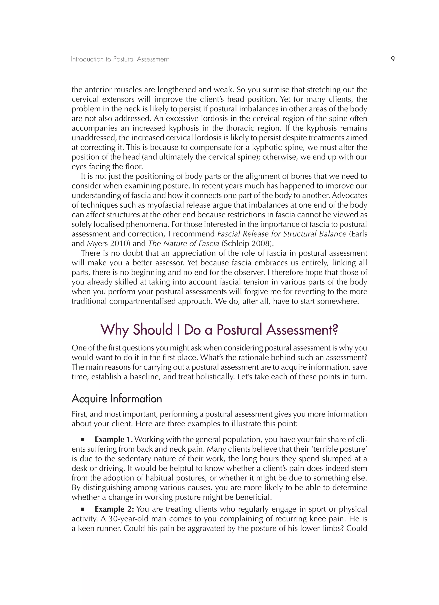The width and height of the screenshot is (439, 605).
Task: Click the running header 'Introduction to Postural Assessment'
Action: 120,59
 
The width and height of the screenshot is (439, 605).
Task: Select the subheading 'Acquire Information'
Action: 117,399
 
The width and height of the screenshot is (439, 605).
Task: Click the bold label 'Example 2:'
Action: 114,509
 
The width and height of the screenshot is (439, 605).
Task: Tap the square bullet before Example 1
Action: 83,439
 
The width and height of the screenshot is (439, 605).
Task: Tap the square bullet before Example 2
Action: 83,509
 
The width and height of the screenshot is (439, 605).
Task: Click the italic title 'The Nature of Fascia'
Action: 184,244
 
